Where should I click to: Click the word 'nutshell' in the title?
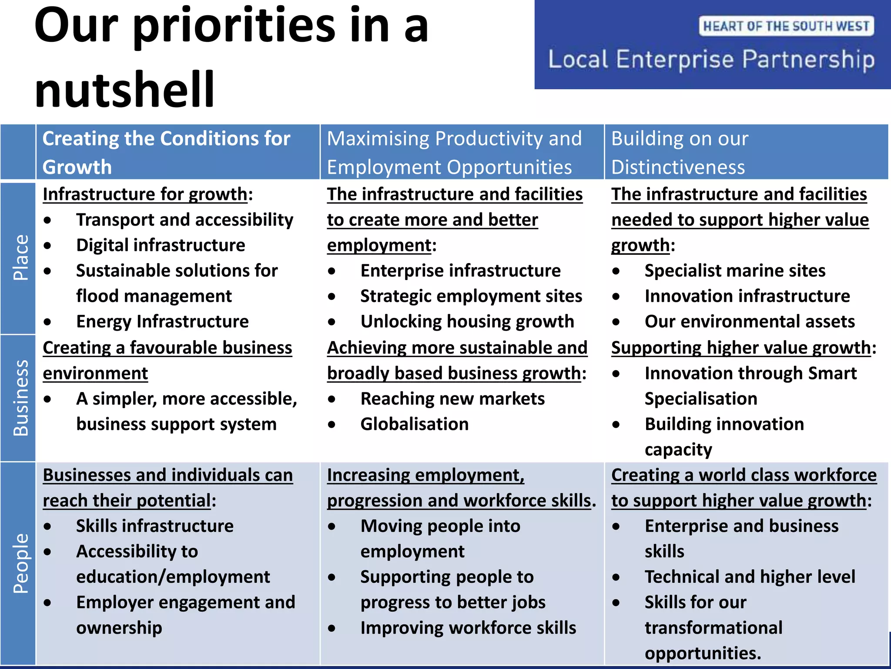[124, 89]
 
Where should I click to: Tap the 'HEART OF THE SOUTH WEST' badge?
[786, 26]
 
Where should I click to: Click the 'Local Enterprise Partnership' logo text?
[711, 59]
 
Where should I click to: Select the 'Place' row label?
[20, 258]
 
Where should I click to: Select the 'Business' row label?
[20, 398]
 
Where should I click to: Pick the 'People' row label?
[20, 563]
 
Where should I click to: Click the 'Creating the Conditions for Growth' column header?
[166, 152]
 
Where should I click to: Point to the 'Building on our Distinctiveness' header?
[680, 152]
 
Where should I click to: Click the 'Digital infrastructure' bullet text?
[161, 245]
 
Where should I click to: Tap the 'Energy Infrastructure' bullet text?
[162, 321]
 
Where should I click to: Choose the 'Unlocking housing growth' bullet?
[467, 321]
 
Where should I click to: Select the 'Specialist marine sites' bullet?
[735, 270]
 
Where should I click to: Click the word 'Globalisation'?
[415, 424]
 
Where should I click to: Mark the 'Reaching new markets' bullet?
[452, 399]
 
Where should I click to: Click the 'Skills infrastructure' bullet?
[155, 526]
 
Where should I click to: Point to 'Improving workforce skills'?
[468, 628]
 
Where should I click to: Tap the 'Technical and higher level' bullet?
[750, 577]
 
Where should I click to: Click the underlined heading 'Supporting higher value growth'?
[741, 348]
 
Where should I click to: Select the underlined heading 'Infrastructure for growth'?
[145, 194]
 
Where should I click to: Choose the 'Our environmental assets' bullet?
[750, 321]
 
